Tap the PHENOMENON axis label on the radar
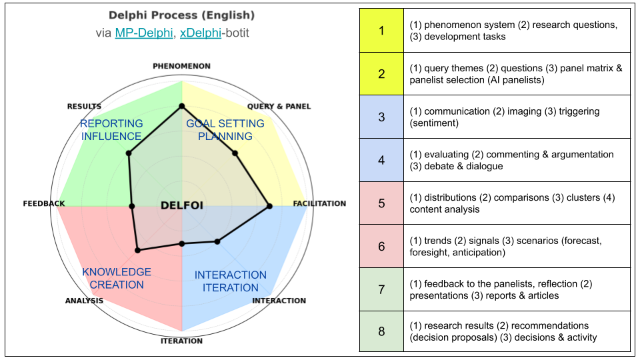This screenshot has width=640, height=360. tap(181, 66)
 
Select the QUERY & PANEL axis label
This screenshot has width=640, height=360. tap(279, 107)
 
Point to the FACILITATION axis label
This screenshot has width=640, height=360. tap(320, 203)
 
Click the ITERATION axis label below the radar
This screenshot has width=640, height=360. tap(181, 341)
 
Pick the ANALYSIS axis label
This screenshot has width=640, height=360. tap(84, 301)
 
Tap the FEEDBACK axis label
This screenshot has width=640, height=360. tap(44, 203)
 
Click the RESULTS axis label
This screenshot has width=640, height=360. tap(84, 107)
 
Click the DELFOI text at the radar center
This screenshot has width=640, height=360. tap(182, 205)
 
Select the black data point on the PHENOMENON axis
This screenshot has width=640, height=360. tap(181, 106)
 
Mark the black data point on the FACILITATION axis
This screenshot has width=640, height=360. tap(269, 207)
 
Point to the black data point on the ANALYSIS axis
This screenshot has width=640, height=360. tap(138, 251)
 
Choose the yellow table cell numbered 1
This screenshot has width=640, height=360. tap(381, 31)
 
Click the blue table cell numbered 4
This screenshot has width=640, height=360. tap(381, 160)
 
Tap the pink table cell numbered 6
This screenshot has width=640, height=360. tap(381, 246)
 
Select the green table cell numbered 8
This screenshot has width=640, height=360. tap(381, 331)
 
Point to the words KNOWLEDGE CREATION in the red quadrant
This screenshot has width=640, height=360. tap(117, 278)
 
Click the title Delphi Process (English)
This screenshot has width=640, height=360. tap(181, 15)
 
